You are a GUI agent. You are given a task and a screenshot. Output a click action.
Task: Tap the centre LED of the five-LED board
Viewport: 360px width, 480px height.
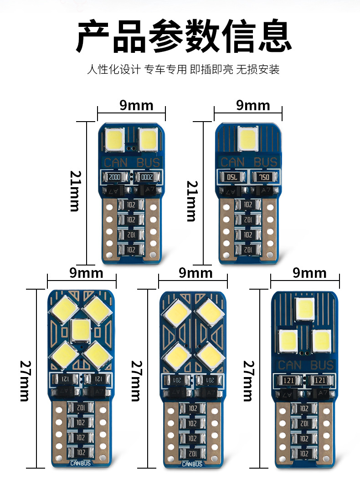coord(81,330)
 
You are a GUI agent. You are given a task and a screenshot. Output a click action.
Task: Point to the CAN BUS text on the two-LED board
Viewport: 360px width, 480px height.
coord(132,163)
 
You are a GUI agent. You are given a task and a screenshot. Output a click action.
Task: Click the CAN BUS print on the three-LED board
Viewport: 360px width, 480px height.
coord(305,365)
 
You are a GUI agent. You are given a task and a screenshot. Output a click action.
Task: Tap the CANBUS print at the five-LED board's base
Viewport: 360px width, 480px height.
coord(81,464)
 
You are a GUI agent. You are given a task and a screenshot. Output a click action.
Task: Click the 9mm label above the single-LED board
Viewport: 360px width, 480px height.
coord(253,106)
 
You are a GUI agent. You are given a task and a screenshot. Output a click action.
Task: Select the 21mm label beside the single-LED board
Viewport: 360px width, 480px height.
coord(192,200)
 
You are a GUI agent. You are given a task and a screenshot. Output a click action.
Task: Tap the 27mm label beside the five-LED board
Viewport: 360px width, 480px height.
coord(25,380)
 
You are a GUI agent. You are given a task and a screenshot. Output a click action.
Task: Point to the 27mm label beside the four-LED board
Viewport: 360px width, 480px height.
coord(136,380)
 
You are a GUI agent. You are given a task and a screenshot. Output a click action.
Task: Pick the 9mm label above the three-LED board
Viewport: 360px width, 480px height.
coord(309,273)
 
